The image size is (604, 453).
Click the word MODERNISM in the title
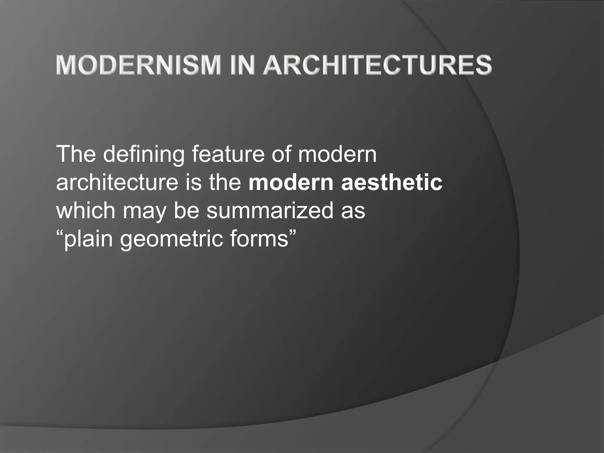[138, 65]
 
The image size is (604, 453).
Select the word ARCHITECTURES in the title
[377, 65]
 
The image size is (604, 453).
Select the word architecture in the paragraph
[117, 182]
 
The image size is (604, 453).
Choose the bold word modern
[291, 182]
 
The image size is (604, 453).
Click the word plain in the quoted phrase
[88, 239]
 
